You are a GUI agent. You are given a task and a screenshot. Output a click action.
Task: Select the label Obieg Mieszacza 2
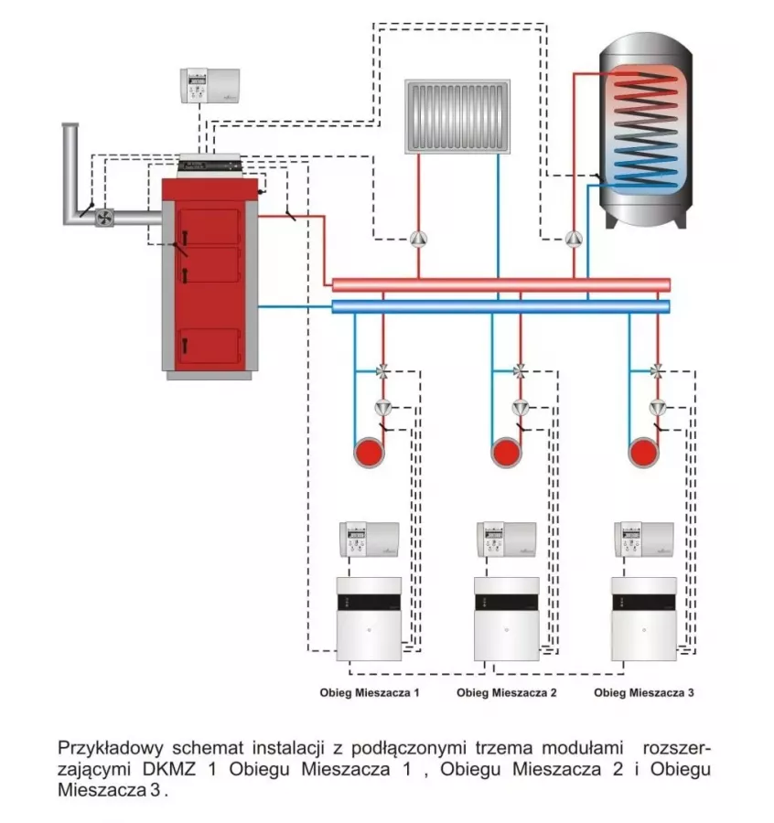(x=506, y=693)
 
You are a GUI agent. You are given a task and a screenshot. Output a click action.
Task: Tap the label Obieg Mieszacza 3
(x=643, y=693)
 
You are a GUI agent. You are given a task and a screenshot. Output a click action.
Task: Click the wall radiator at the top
(x=457, y=115)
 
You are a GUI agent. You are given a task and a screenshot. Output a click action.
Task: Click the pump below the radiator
(x=418, y=240)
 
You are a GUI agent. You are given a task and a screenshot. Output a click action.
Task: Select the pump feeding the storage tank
(x=574, y=240)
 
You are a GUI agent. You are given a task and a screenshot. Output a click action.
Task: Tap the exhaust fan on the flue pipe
(x=104, y=217)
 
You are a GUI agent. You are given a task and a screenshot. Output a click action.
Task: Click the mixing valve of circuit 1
(x=382, y=371)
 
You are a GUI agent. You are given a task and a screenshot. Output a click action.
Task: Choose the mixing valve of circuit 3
(x=657, y=371)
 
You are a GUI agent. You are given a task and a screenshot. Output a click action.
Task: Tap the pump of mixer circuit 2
(x=520, y=407)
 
